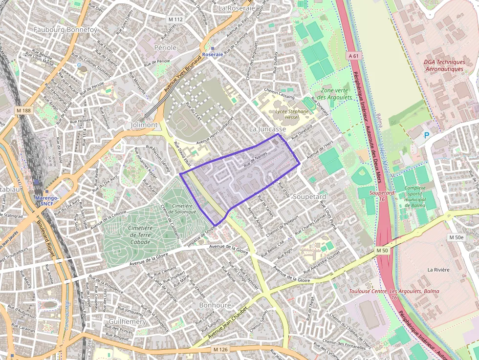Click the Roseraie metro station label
coord(212,54)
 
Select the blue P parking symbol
coord(427,135)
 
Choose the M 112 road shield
coord(175,20)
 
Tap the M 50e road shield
coord(456,237)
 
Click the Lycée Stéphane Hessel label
coord(292,114)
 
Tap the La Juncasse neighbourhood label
coord(267,129)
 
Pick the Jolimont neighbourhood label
coord(144,125)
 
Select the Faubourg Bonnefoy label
coord(65,30)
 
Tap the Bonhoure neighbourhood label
coord(215,305)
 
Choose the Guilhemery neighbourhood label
coord(127,322)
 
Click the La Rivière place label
coord(438,270)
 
